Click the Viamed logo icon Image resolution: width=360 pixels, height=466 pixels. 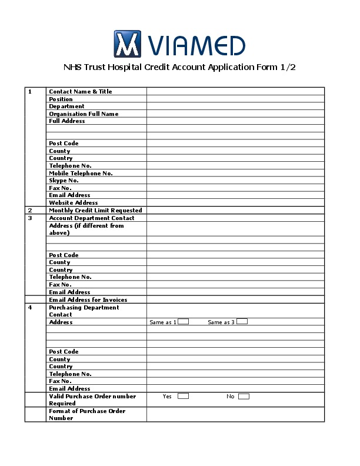click(x=128, y=44)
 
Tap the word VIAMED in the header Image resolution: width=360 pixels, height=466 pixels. click(x=197, y=45)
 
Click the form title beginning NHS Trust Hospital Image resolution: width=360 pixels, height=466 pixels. click(x=179, y=67)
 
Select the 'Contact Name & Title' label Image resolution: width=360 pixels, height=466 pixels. click(x=80, y=92)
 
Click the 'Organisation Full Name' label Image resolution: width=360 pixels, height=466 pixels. click(x=84, y=114)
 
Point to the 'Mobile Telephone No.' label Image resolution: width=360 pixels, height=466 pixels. click(x=81, y=173)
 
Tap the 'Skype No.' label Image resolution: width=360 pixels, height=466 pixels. click(x=64, y=181)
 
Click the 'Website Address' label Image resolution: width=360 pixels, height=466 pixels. click(x=74, y=203)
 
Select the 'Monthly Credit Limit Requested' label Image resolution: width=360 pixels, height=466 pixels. click(x=95, y=210)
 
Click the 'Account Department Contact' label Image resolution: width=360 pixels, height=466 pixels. click(x=92, y=218)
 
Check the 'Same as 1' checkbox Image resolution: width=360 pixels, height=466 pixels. click(x=184, y=322)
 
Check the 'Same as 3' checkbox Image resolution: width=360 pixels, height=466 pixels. click(x=242, y=322)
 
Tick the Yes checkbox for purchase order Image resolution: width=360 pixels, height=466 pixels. click(x=183, y=396)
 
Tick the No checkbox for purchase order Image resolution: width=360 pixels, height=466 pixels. click(x=244, y=396)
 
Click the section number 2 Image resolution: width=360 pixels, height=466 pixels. click(x=30, y=210)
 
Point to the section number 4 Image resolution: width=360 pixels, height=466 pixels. click(x=30, y=308)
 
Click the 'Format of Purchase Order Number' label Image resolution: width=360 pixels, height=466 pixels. click(x=87, y=415)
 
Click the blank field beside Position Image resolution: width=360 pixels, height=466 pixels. click(x=235, y=99)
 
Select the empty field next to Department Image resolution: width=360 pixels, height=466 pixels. click(x=235, y=106)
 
